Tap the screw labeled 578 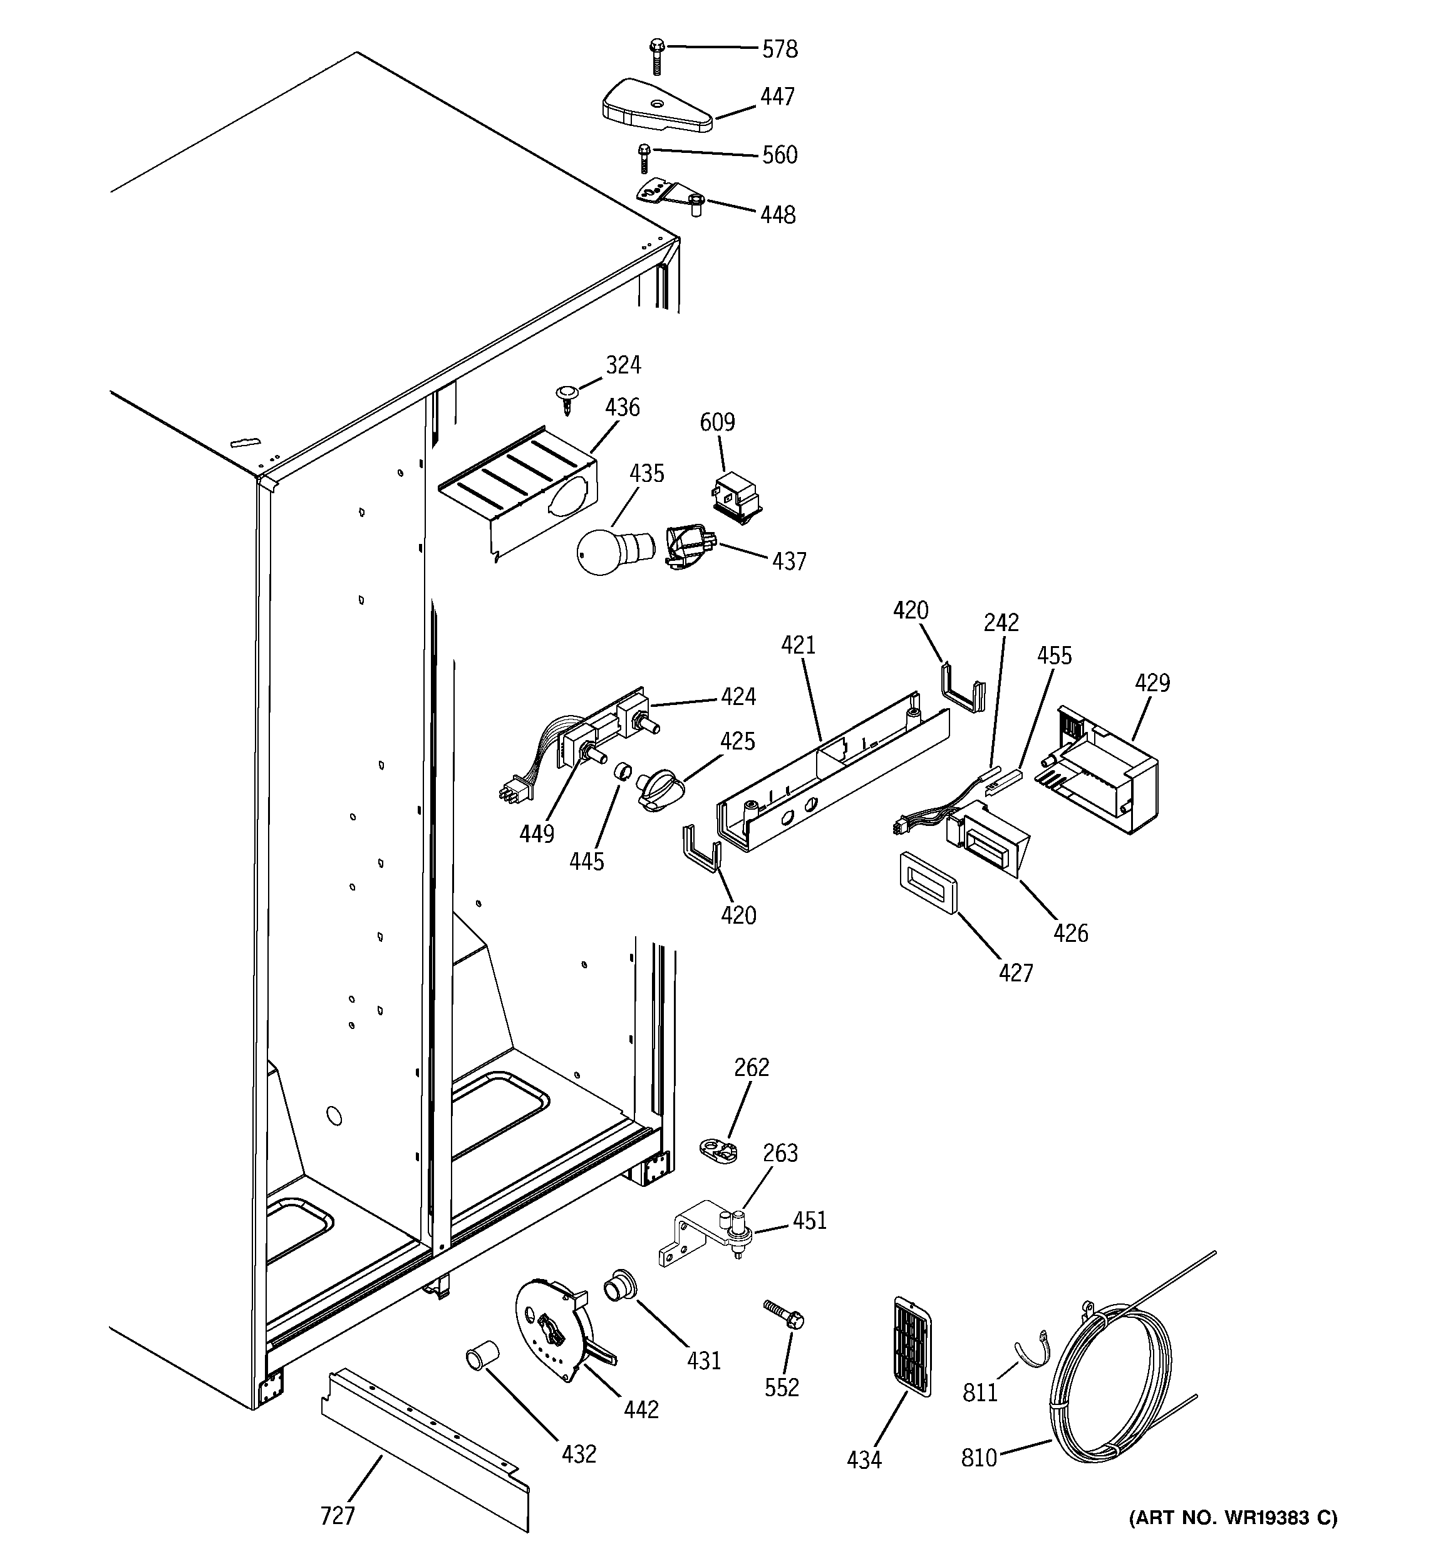coord(656,56)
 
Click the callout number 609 coord(716,422)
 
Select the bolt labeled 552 coord(784,1315)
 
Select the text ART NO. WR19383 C coord(1233,1517)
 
